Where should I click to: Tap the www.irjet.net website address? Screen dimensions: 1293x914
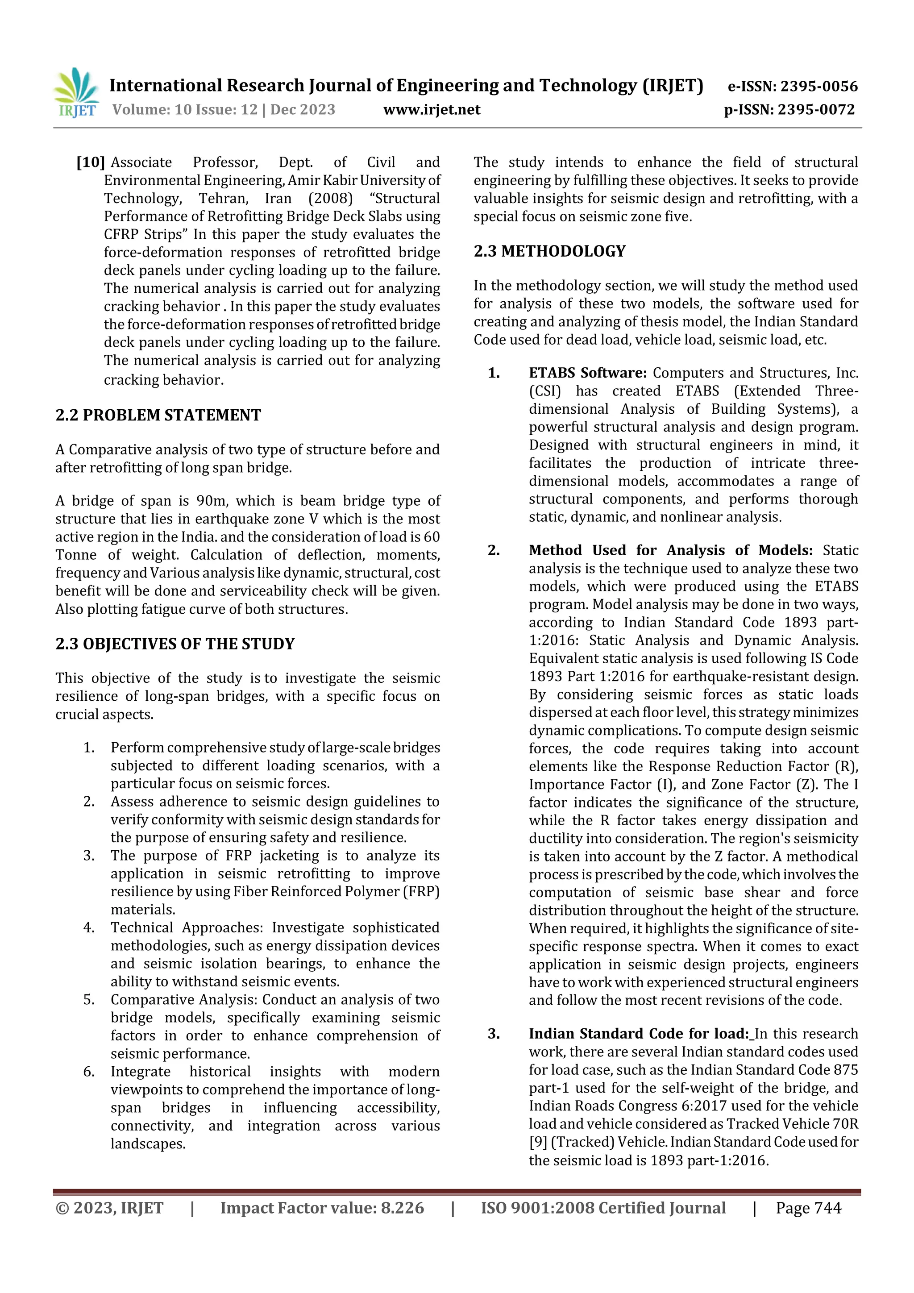click(x=432, y=110)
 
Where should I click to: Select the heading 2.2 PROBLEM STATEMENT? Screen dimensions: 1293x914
click(x=158, y=416)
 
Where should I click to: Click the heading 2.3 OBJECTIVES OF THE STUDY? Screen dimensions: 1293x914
click(x=175, y=644)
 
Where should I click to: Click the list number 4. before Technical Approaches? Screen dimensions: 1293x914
click(x=89, y=927)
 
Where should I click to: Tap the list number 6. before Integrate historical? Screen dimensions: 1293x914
click(x=89, y=1072)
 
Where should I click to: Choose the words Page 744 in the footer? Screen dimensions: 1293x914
click(x=808, y=1208)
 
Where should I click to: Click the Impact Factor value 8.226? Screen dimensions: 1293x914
click(x=402, y=1208)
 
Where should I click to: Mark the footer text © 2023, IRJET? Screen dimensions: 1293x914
click(x=109, y=1208)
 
